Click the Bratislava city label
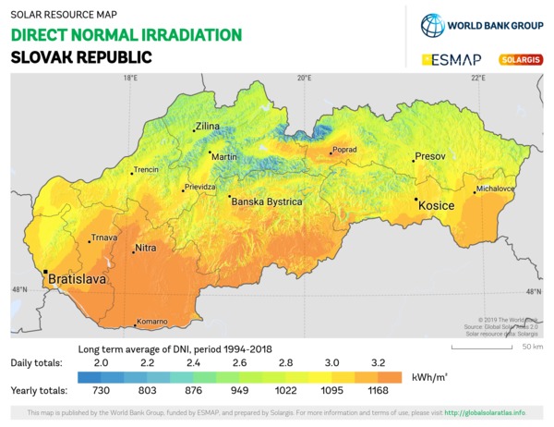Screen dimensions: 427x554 77,277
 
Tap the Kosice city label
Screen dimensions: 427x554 437,205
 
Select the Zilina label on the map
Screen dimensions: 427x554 208,128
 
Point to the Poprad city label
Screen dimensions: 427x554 343,148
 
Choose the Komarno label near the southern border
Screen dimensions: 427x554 152,322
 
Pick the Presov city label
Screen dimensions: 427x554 430,156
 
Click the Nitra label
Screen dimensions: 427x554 146,249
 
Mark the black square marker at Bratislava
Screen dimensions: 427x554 45,273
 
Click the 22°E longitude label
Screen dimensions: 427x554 477,78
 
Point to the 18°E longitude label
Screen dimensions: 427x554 130,78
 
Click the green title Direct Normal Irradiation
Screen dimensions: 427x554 126,35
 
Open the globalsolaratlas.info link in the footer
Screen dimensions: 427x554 486,412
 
